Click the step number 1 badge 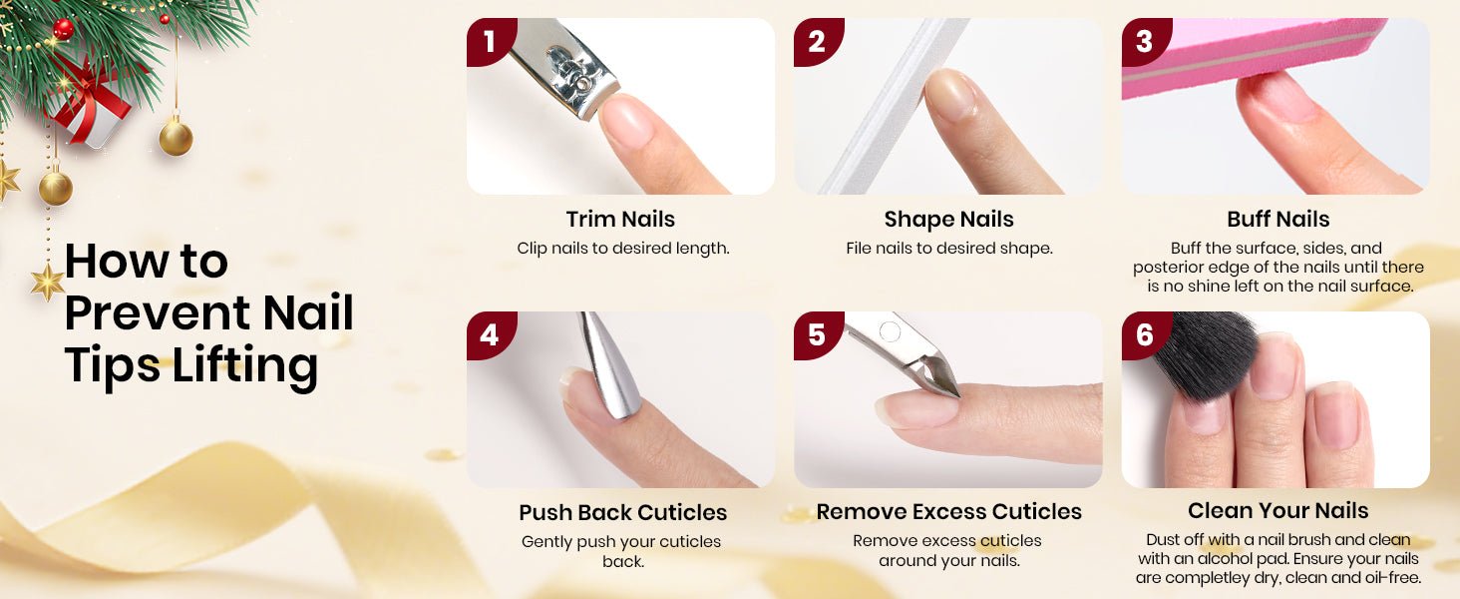(x=490, y=41)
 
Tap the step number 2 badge (x=817, y=41)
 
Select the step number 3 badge (x=1145, y=41)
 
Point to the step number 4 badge (x=490, y=334)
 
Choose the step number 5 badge (x=817, y=334)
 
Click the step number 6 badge (x=1145, y=334)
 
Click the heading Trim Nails (x=620, y=220)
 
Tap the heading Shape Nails (x=949, y=220)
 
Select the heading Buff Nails (x=1278, y=220)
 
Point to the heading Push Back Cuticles (x=622, y=513)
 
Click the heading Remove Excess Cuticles (x=949, y=512)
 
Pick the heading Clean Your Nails (x=1278, y=511)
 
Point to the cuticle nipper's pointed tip (x=958, y=395)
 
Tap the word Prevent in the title (x=158, y=312)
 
